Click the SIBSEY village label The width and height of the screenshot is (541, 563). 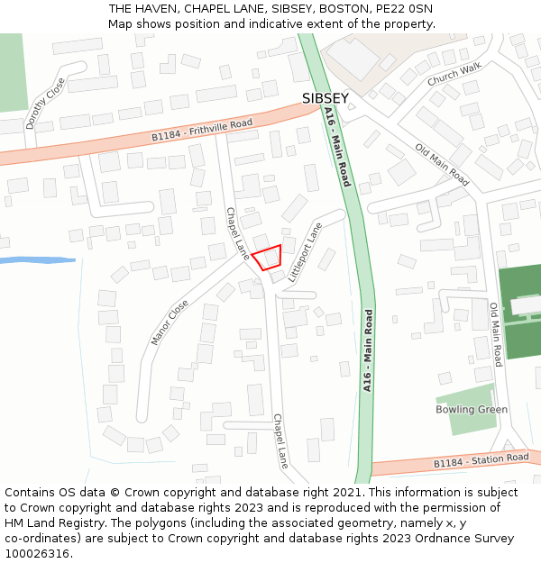pyautogui.click(x=325, y=97)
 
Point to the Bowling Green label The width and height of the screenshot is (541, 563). pyautogui.click(x=472, y=410)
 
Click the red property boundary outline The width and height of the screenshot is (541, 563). pyautogui.click(x=267, y=258)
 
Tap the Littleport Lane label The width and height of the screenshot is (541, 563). pyautogui.click(x=304, y=253)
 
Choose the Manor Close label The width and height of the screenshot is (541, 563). pyautogui.click(x=170, y=322)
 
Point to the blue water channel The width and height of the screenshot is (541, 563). pyautogui.click(x=36, y=260)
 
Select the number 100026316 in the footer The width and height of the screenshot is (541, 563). pyautogui.click(x=39, y=553)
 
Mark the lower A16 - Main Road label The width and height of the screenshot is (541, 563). pyautogui.click(x=368, y=350)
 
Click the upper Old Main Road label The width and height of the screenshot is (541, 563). pyautogui.click(x=442, y=165)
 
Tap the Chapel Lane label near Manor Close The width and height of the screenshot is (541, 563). pyautogui.click(x=237, y=233)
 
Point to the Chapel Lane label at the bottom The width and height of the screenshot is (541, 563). pyautogui.click(x=280, y=441)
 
